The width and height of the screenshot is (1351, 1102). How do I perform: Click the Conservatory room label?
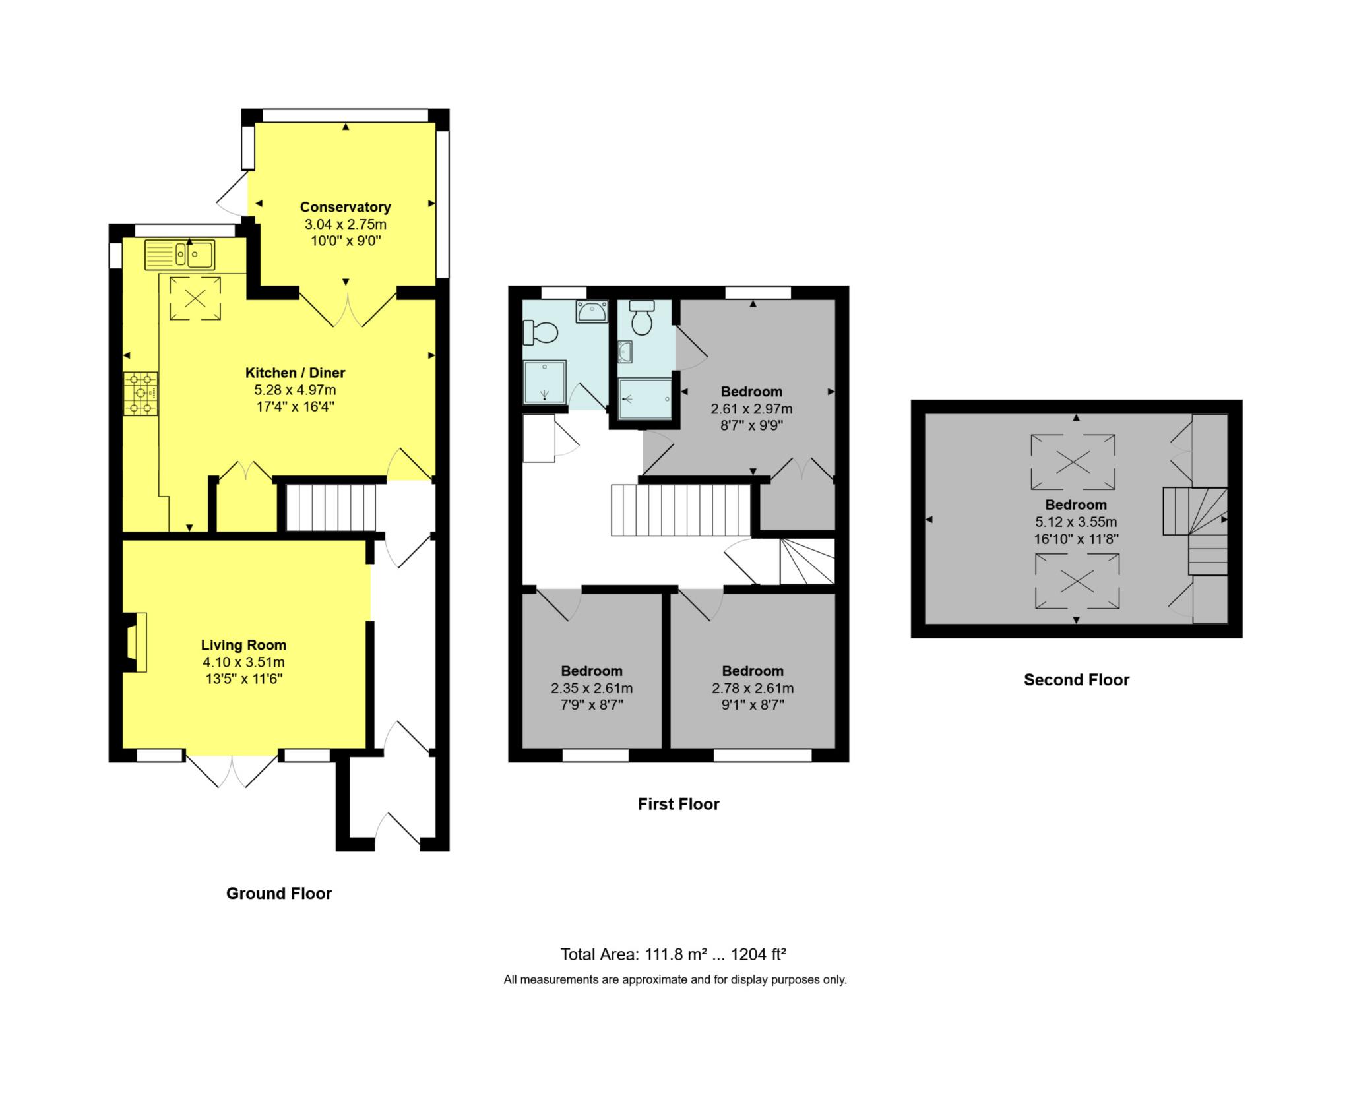345,207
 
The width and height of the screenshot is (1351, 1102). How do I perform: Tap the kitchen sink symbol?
179,255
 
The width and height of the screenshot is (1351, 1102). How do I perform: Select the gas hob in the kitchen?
141,394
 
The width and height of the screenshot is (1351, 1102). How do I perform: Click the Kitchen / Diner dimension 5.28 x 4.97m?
295,390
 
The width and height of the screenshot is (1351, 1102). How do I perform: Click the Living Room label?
243,645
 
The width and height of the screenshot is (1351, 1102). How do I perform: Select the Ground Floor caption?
278,893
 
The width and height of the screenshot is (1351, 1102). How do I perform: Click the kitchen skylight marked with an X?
195,298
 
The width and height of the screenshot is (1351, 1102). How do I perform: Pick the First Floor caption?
678,803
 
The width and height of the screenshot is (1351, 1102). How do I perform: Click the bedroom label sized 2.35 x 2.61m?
592,671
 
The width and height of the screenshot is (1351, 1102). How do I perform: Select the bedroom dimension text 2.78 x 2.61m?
752,689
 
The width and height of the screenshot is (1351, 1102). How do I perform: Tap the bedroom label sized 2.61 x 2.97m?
751,392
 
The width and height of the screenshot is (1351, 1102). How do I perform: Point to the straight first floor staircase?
681,510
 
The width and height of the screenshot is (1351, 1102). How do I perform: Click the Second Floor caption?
1076,679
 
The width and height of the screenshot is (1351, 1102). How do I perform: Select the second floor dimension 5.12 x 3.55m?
1075,522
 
